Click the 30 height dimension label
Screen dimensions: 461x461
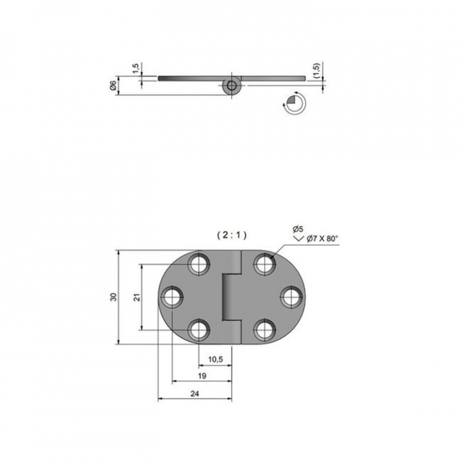[x=113, y=297]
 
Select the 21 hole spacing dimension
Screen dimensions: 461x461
[x=137, y=297]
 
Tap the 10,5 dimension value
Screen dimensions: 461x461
[x=216, y=359]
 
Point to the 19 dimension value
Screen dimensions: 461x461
[x=202, y=376]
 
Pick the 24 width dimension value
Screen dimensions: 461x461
[x=195, y=394]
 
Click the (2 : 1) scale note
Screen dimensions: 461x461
[x=232, y=235]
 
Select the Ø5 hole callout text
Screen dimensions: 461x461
[x=298, y=229]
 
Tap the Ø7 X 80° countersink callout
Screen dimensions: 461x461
[x=322, y=238]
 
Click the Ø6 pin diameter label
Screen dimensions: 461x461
[x=113, y=85]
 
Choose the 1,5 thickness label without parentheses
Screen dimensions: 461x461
[x=136, y=69]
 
